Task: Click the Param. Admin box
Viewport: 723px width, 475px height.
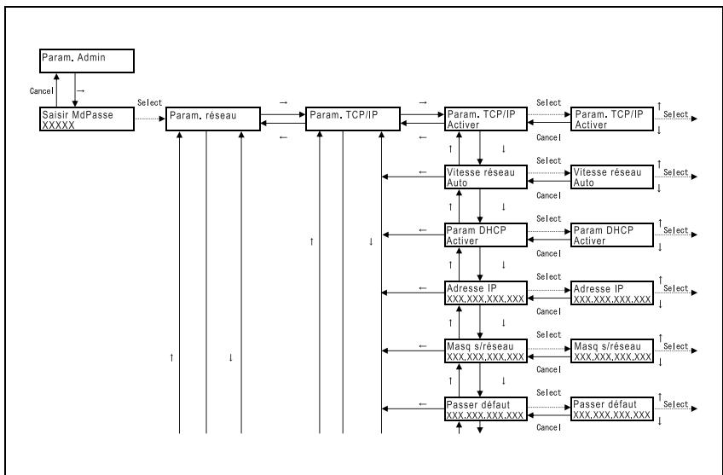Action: (87, 61)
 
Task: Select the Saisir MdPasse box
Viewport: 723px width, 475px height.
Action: (87, 119)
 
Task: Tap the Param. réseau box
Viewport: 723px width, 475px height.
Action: (213, 119)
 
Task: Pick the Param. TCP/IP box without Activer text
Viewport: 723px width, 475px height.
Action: (353, 119)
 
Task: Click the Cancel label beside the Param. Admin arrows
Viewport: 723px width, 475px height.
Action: (42, 91)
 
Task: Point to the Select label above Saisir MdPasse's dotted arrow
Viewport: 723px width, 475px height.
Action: (149, 102)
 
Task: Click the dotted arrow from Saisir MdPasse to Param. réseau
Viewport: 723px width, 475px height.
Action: (150, 119)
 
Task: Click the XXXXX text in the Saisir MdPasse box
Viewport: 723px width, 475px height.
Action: (58, 125)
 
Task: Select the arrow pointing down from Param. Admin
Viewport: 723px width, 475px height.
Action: (75, 90)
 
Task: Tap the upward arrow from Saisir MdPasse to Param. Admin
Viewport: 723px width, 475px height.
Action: (57, 90)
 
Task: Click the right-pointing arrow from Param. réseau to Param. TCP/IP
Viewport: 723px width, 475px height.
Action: (283, 114)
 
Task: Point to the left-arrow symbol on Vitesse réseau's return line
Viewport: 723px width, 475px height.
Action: (423, 172)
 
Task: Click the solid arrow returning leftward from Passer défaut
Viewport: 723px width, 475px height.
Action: (414, 408)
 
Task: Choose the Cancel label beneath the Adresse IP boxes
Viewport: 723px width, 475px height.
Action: (549, 312)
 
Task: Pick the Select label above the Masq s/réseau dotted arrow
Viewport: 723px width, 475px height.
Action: (549, 334)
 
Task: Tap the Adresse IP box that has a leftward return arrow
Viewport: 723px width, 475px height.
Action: (486, 293)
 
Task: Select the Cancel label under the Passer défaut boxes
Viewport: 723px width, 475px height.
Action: (549, 427)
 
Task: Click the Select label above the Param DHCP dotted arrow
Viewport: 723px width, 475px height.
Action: (549, 218)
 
